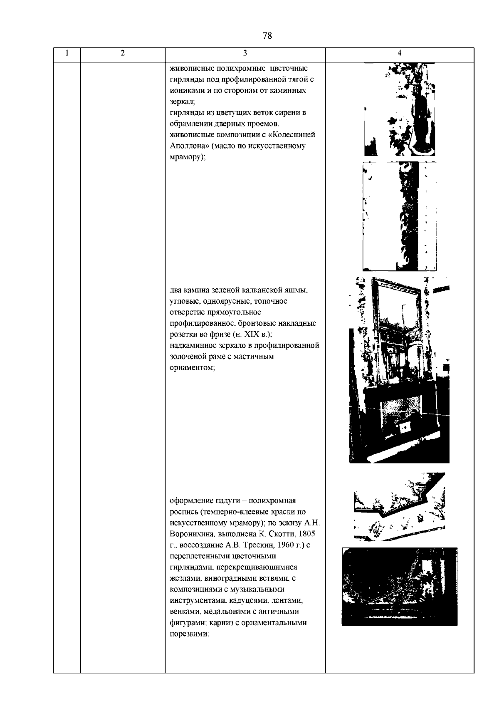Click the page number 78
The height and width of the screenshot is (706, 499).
[267, 36]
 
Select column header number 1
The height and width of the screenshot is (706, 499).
[67, 53]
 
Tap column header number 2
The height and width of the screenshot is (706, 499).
[122, 53]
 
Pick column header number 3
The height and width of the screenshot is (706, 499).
[245, 53]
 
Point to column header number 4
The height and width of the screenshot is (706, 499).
[399, 53]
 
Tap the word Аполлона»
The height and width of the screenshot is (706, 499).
[189, 146]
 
